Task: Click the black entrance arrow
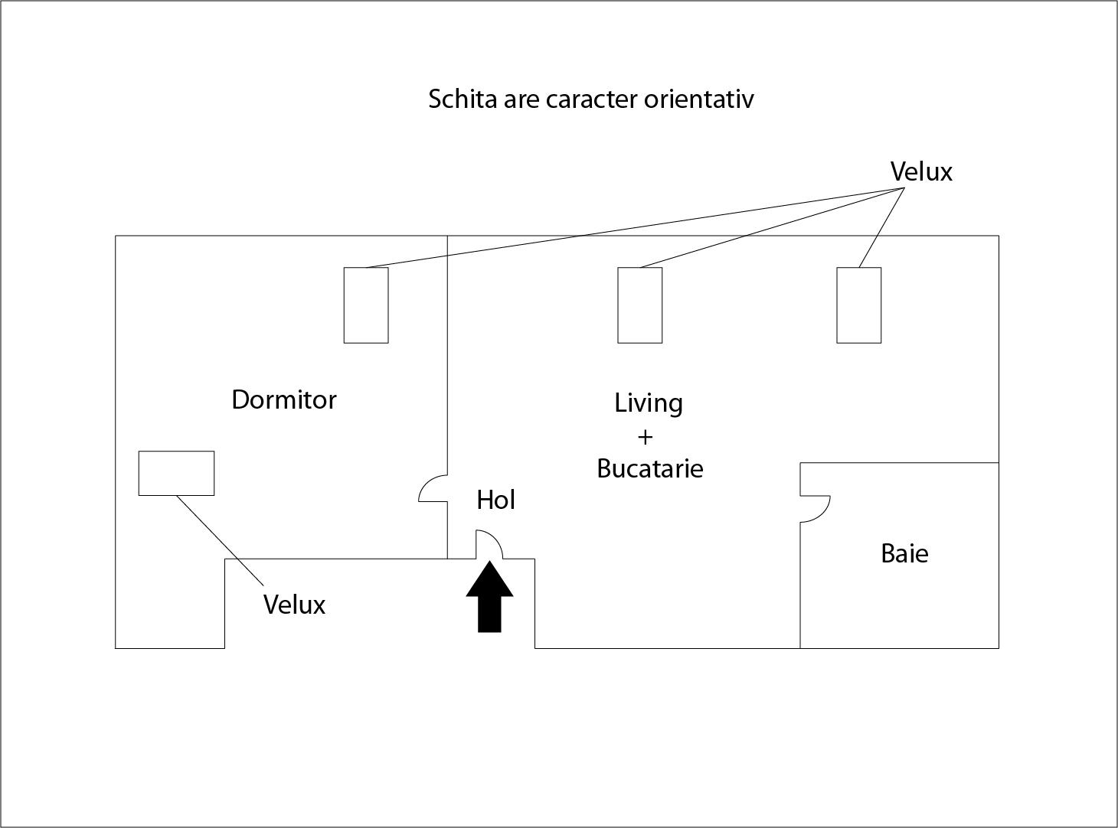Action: [x=489, y=598]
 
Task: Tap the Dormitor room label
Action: [x=284, y=399]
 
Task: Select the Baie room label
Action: [x=904, y=553]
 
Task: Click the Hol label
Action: [x=495, y=500]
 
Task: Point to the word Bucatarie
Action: [x=649, y=468]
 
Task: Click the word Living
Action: [x=648, y=403]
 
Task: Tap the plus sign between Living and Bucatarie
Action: [x=645, y=437]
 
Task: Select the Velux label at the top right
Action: [x=921, y=172]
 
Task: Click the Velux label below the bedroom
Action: [x=294, y=605]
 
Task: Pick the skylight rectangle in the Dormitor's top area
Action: [x=366, y=305]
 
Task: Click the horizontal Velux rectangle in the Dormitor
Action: [x=176, y=473]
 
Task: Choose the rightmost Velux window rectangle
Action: [x=858, y=305]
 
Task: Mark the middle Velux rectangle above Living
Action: [x=639, y=305]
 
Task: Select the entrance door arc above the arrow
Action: [x=489, y=544]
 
